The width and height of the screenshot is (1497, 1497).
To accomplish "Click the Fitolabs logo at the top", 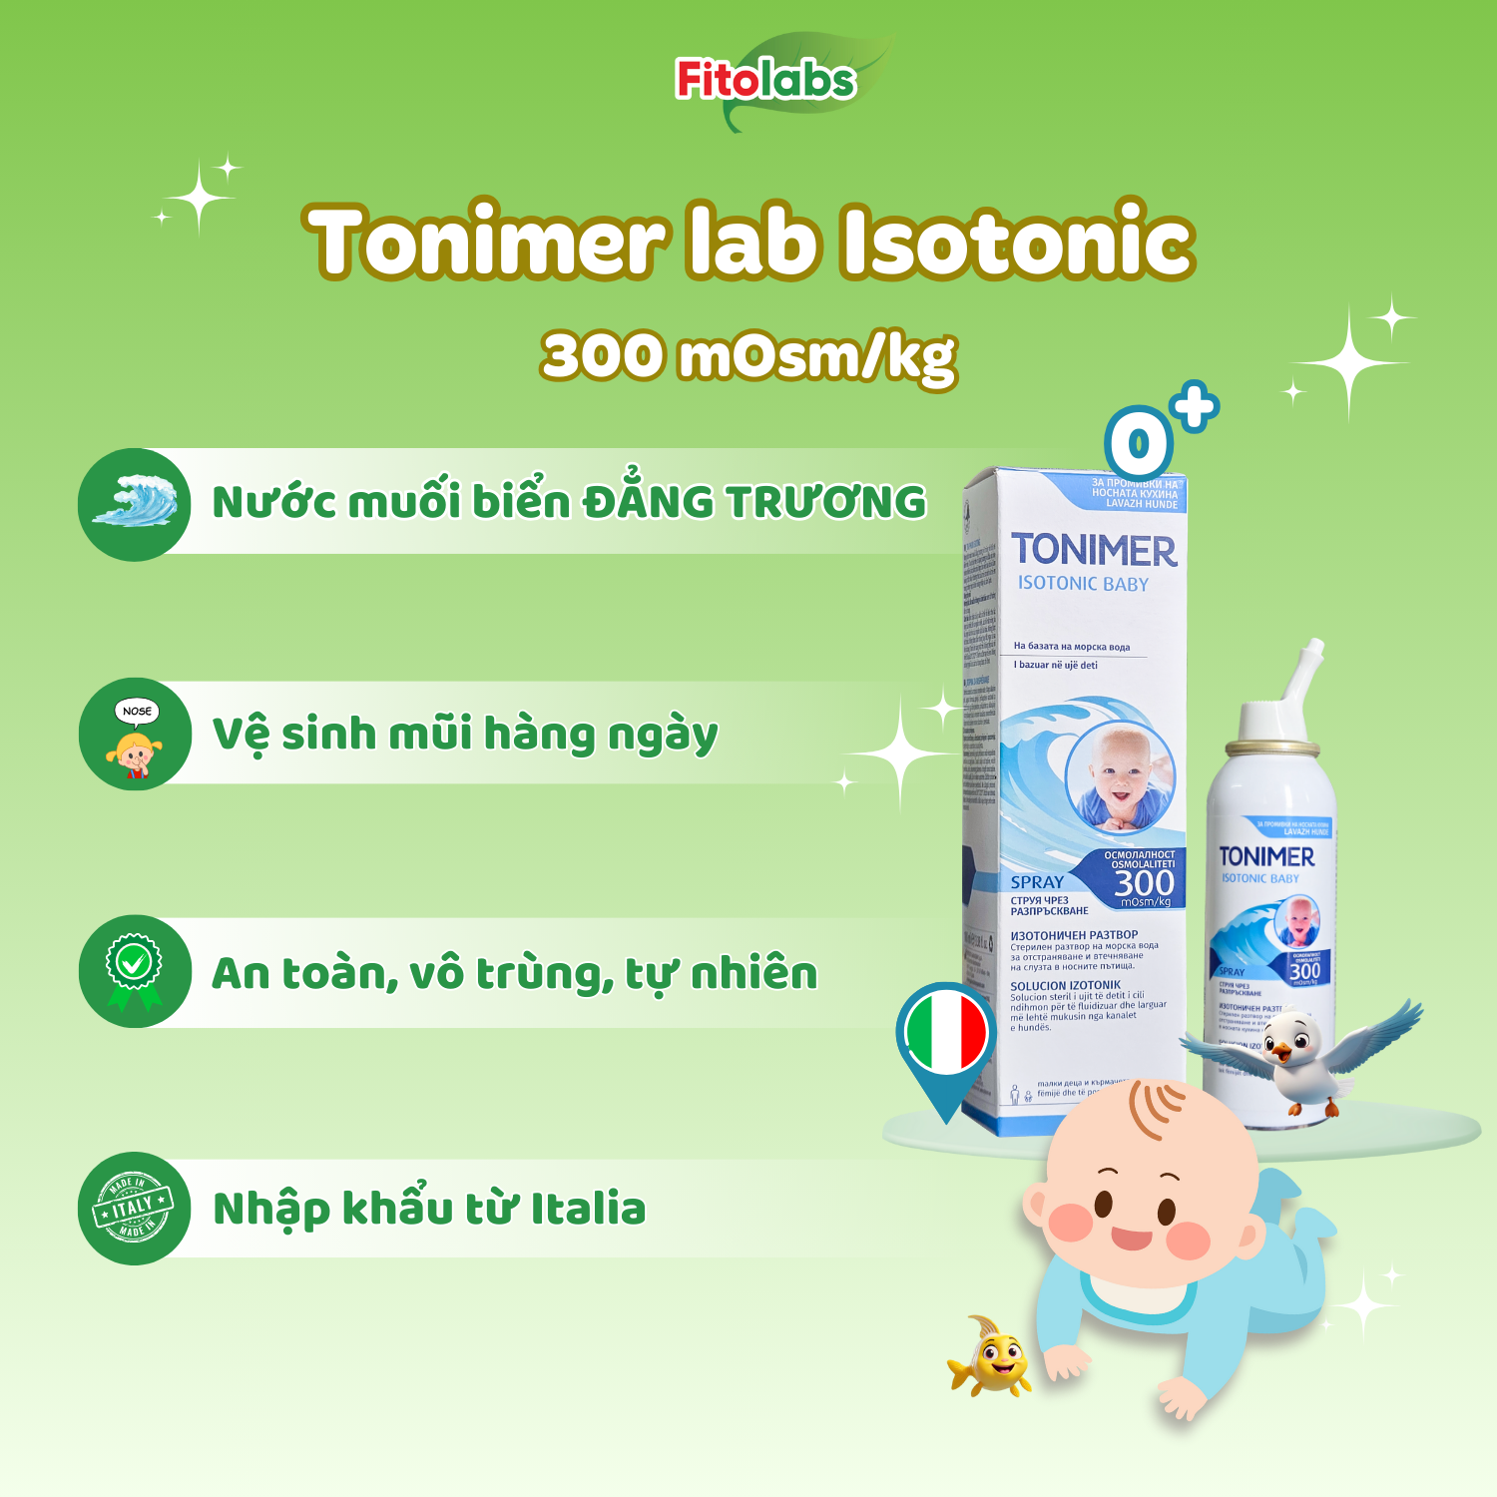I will pos(766,81).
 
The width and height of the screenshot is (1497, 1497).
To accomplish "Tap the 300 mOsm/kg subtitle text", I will pos(748,356).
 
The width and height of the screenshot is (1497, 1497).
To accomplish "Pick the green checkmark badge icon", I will pos(135,971).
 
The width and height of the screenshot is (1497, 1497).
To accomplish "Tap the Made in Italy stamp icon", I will pos(134,1209).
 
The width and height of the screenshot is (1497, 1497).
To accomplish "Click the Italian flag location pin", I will pos(945,1038).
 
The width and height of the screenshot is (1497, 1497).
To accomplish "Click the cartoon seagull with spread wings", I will pos(1297,1053).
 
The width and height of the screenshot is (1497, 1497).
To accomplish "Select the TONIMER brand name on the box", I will pos(1094,550).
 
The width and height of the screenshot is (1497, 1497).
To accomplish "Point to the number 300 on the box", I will pos(1144,883).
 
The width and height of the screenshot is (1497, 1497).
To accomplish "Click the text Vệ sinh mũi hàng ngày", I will pos(465,736).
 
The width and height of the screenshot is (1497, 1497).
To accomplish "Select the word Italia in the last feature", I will pos(588,1209).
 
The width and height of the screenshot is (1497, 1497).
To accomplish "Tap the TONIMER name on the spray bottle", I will pos(1266,856).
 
